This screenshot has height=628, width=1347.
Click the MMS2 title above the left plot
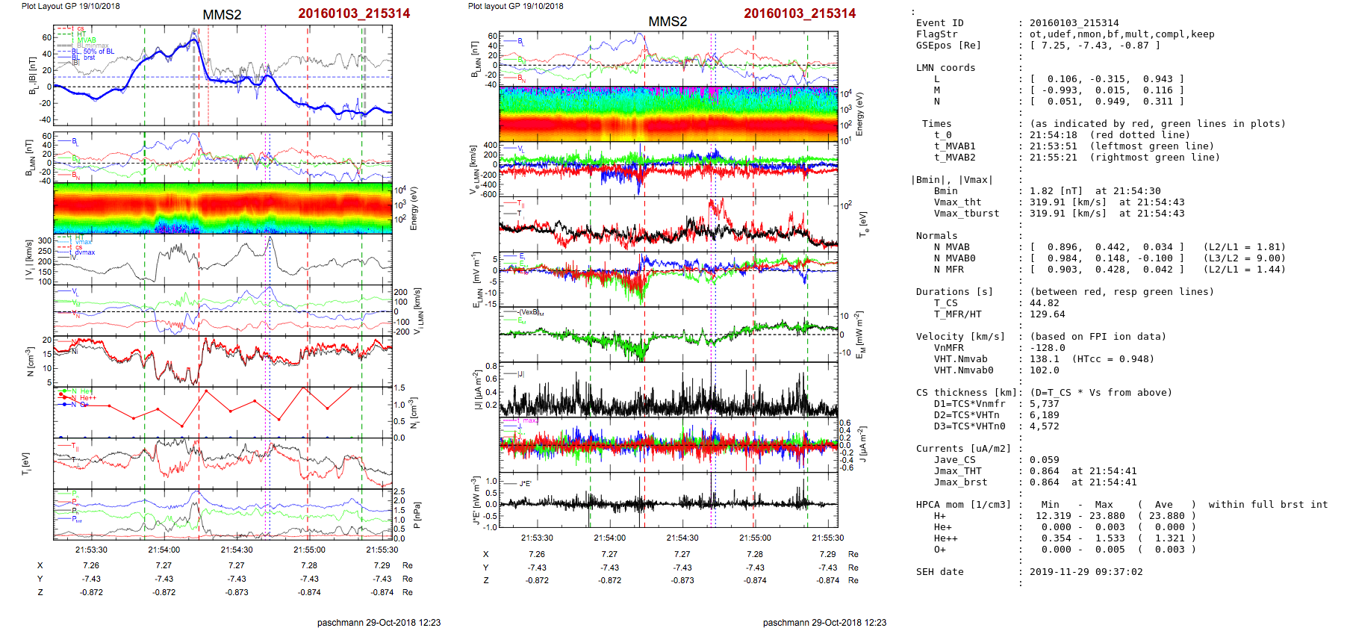pos(222,15)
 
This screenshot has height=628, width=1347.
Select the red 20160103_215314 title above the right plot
pos(800,13)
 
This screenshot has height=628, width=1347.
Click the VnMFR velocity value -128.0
pos(1047,348)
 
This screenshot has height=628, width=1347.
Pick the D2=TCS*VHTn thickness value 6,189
pos(1044,415)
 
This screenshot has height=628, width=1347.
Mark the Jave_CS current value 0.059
pos(1044,460)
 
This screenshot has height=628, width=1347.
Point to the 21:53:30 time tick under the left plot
pos(91,550)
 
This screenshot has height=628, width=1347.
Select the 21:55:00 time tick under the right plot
pos(755,538)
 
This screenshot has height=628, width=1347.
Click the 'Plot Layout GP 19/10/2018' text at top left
pos(70,6)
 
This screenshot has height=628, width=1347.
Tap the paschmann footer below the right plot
pos(824,622)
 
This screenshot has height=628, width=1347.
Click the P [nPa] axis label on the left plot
pos(416,514)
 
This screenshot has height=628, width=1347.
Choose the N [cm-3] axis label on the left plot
pos(30,361)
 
